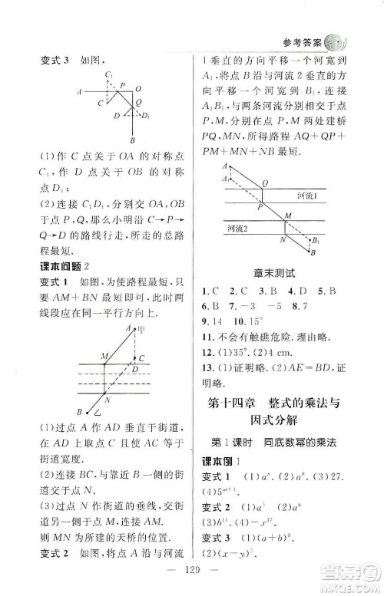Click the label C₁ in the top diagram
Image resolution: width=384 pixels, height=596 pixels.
110,74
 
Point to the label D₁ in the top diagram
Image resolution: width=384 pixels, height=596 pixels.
144,116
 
